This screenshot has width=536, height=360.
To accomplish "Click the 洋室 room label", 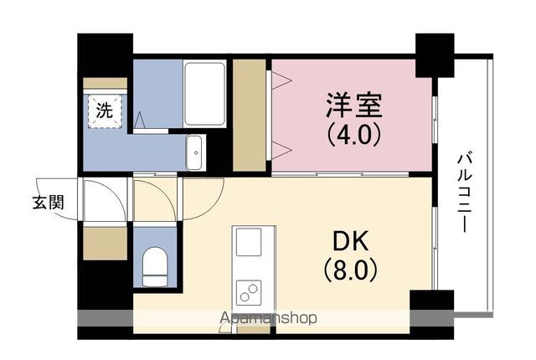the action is click(353, 105).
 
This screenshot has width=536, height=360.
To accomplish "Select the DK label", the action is click(351, 241).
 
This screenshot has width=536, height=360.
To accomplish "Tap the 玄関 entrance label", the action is click(49, 203).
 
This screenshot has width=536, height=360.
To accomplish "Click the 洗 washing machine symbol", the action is click(105, 111).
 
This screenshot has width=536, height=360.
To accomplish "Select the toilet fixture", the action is click(155, 267).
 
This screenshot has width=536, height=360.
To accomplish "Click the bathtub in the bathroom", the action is click(204, 94).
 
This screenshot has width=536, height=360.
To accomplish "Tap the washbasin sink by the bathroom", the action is click(195, 152).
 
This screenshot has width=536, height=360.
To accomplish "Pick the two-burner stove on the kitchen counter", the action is click(249, 293).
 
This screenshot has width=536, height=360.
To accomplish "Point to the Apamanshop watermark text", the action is click(268, 318).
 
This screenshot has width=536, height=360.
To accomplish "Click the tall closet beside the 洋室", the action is click(250, 115).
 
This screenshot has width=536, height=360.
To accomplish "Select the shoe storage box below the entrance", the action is click(106, 243).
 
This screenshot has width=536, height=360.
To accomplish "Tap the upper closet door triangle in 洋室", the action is click(281, 81).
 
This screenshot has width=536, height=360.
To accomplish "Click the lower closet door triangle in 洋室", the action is click(281, 151).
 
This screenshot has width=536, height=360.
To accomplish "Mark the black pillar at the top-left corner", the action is click(106, 55).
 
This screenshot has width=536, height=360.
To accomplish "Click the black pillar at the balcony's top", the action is click(435, 55).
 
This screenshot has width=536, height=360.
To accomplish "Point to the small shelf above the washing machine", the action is click(106, 83).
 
